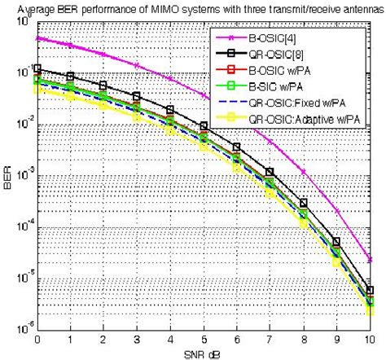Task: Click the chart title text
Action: point(194,7)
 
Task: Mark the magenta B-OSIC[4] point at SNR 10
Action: point(371,260)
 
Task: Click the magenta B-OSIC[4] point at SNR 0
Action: point(37,37)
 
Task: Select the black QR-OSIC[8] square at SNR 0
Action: point(37,69)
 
